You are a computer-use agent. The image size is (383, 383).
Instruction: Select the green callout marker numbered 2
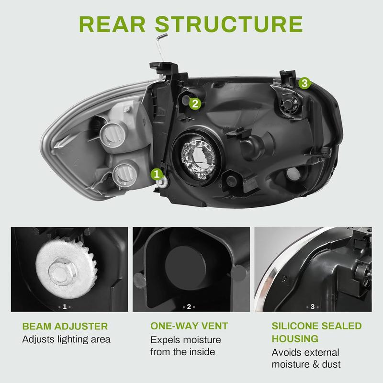[x=194, y=102]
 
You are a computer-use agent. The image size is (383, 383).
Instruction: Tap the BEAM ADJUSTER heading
[x=65, y=327]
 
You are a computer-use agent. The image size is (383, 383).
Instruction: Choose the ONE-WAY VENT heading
[x=189, y=327]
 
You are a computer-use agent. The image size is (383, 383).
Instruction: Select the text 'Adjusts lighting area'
[x=67, y=340]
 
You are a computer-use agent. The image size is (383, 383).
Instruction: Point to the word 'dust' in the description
[x=330, y=364]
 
